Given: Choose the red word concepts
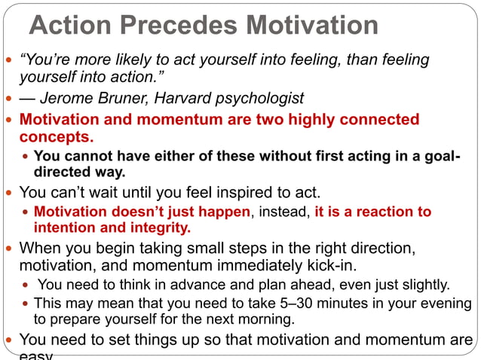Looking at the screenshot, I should [57, 137].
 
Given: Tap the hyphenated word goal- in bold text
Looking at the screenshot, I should [440, 157].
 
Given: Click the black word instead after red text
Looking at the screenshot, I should [281, 212].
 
